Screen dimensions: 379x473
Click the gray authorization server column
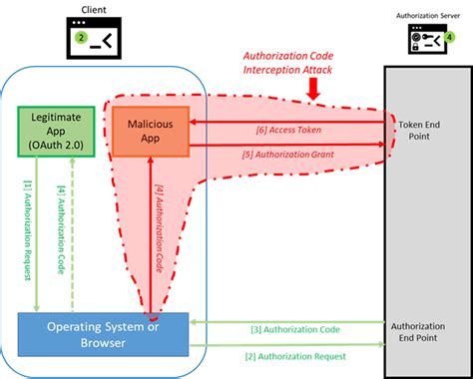pos(420,229)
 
